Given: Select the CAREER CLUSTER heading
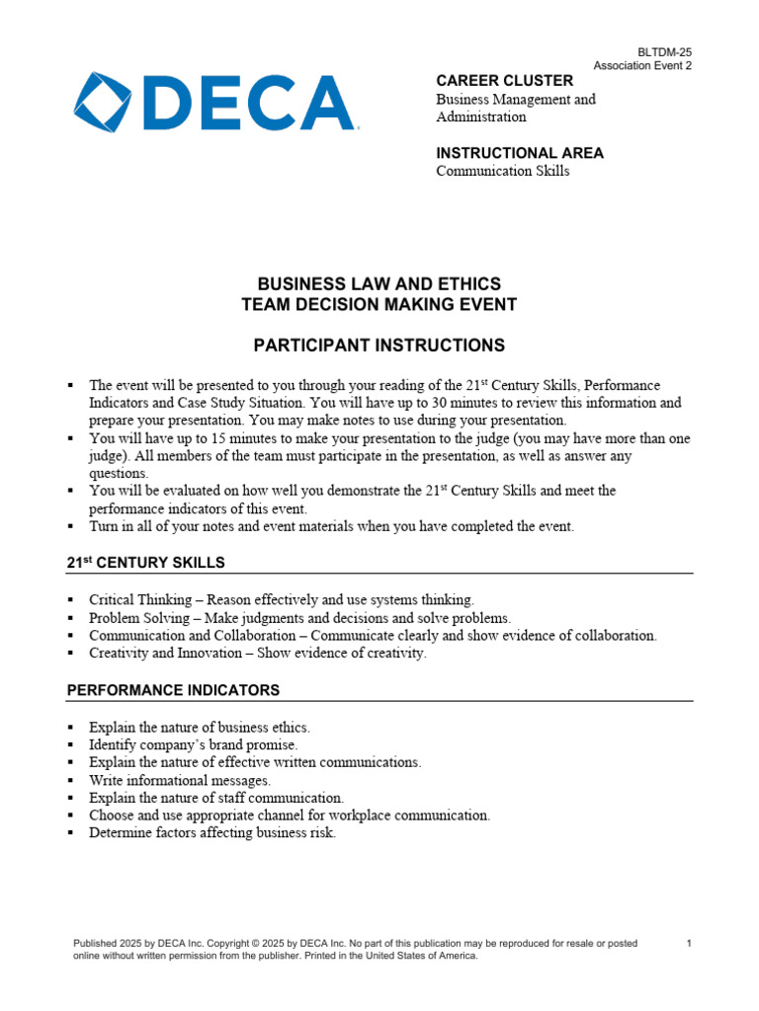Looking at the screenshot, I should point(504,80).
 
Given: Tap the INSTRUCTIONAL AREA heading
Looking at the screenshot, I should point(520,153).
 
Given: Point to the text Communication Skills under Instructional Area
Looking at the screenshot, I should point(503,171).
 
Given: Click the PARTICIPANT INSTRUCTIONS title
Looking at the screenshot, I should point(379,346).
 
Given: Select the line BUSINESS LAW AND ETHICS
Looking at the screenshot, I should point(379,284).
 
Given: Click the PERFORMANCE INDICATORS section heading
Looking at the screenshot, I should point(173,690).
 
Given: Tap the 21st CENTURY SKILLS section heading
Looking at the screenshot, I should point(145,563).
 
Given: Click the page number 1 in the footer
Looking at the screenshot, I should point(689,944).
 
